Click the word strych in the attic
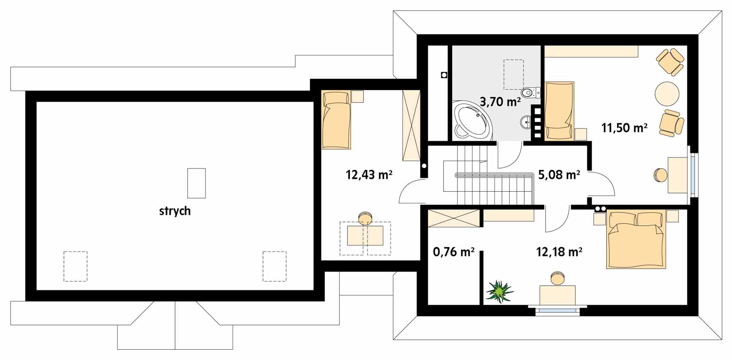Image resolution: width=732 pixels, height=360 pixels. [x=175, y=211]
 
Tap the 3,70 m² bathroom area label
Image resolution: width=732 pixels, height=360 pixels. [x=500, y=102]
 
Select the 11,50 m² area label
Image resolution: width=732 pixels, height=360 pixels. [x=624, y=128]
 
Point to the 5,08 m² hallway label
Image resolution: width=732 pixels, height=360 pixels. [x=559, y=175]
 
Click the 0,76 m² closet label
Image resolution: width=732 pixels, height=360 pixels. [x=454, y=252]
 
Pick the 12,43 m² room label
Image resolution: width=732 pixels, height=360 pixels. [x=369, y=175]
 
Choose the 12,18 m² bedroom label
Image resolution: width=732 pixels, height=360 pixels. [x=559, y=252]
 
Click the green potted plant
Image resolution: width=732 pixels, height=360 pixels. [x=499, y=291]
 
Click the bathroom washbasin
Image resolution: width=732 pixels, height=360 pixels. [x=526, y=123]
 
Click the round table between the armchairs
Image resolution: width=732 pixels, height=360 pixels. [x=667, y=94]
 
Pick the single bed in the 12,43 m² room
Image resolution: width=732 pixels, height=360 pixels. [x=336, y=120]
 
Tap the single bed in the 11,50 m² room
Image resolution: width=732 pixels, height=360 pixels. [x=559, y=111]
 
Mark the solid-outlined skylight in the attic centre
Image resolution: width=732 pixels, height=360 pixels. [x=197, y=183]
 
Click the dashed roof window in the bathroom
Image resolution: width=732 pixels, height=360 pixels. [x=513, y=75]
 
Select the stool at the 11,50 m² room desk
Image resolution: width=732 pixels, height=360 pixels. [x=660, y=175]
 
